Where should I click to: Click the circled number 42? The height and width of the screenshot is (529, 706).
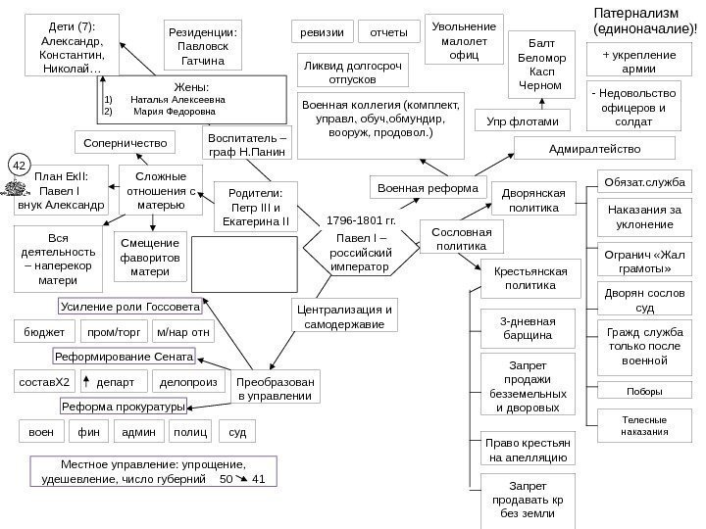(19, 166)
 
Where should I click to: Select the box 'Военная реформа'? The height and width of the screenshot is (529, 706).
(427, 186)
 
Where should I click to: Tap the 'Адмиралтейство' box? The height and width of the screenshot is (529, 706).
(595, 148)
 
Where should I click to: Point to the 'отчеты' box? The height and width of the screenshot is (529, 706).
(388, 32)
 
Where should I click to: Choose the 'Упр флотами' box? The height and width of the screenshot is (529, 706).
(523, 121)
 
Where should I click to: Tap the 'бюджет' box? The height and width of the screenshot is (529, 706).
(40, 331)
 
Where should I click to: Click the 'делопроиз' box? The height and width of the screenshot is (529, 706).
(187, 380)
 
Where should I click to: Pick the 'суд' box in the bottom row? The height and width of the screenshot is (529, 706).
(238, 430)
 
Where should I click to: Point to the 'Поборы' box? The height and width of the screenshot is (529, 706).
(643, 392)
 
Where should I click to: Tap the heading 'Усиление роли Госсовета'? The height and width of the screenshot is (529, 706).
(130, 307)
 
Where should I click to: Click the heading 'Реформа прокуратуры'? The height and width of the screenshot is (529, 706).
(124, 406)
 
